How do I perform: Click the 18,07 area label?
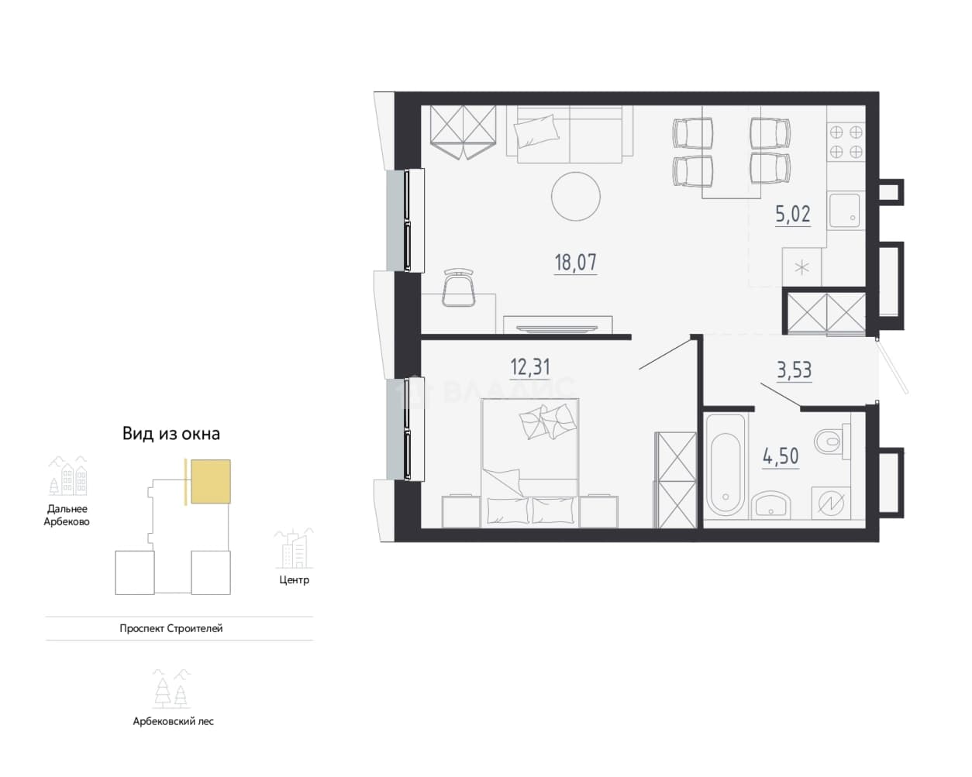(575, 263)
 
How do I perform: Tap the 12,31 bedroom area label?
(530, 367)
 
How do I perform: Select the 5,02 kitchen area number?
(793, 214)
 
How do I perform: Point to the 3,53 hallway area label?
(794, 370)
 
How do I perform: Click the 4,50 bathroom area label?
(781, 456)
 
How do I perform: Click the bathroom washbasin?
(771, 506)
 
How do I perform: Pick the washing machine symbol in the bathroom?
(831, 503)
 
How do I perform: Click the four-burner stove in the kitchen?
(846, 143)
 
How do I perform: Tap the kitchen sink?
(846, 210)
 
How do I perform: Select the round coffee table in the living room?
(576, 197)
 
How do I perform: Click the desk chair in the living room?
(458, 287)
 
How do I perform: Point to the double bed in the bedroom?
(530, 462)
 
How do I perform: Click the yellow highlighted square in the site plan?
(211, 481)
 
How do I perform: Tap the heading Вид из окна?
(171, 434)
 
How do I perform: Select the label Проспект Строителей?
(171, 628)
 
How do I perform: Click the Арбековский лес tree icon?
(171, 689)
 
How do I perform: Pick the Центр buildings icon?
(294, 548)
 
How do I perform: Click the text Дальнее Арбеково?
(67, 515)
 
